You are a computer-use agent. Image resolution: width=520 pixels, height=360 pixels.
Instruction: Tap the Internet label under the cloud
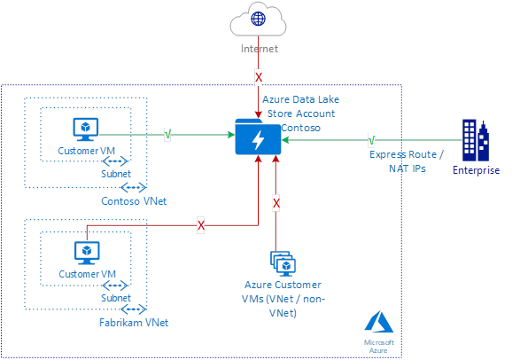click(x=259, y=50)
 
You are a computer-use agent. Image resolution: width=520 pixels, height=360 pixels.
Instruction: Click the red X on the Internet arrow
click(x=259, y=78)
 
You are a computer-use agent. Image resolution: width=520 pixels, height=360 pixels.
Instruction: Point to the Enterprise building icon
click(x=476, y=140)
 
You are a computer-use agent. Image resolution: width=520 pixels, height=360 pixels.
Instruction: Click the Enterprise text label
click(x=476, y=170)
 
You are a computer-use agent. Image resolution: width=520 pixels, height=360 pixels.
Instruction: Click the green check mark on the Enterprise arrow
click(x=371, y=138)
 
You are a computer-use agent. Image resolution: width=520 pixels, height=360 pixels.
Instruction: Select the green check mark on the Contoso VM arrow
click(x=167, y=136)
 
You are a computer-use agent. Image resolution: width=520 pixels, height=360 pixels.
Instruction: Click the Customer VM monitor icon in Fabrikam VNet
click(x=85, y=254)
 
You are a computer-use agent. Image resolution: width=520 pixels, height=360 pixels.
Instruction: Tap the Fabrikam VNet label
click(x=134, y=322)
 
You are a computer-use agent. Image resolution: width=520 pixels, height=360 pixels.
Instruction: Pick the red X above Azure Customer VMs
click(x=276, y=203)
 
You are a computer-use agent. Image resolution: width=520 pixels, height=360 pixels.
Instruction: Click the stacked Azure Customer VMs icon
click(x=281, y=262)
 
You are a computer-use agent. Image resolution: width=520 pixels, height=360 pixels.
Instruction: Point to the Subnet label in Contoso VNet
click(x=115, y=173)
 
